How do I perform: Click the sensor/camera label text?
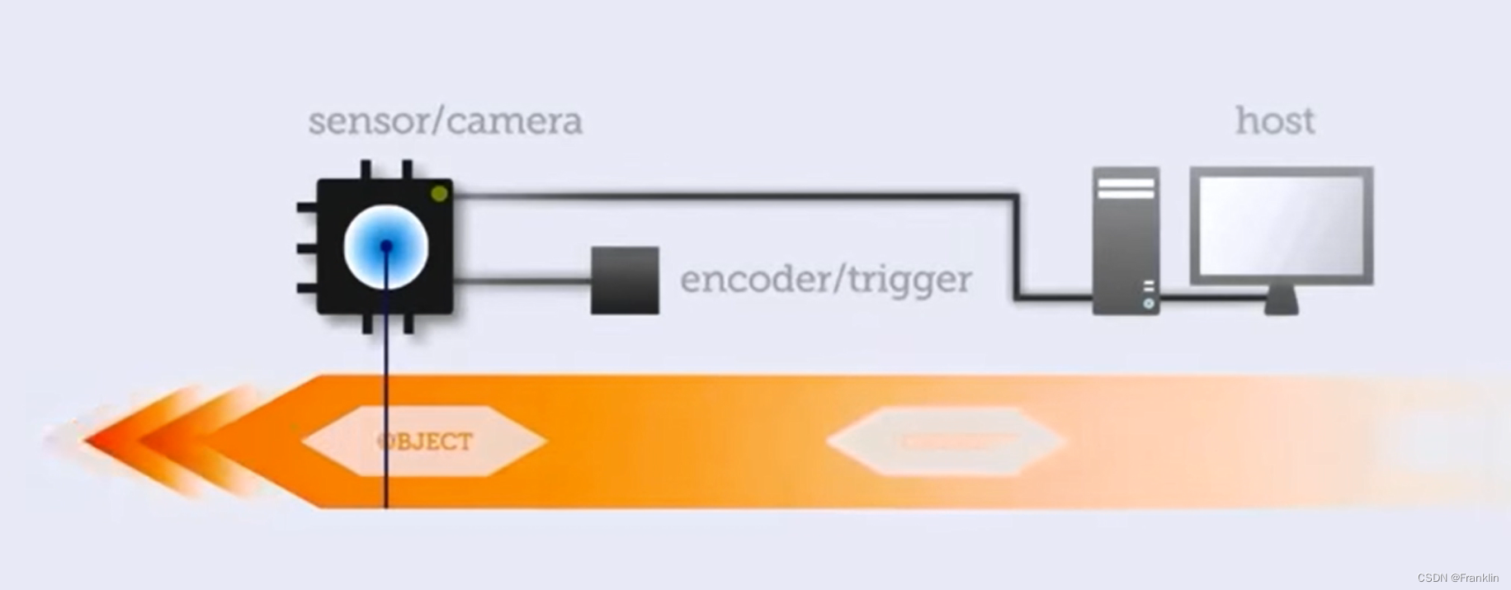(445, 121)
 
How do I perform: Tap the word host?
(1274, 121)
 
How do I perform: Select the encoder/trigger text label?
(825, 279)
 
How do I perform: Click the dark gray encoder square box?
(625, 281)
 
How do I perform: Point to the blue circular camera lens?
(385, 246)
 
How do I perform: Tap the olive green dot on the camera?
(439, 193)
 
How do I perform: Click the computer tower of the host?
(1126, 239)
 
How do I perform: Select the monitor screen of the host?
(1281, 225)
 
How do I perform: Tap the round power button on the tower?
(1149, 304)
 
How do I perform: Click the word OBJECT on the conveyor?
(425, 441)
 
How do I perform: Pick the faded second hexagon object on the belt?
(946, 441)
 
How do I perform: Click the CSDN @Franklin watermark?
(1457, 578)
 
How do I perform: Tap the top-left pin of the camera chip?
(366, 169)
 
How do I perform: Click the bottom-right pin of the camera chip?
(408, 323)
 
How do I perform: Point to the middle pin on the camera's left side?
(306, 248)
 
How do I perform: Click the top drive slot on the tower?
(1126, 182)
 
